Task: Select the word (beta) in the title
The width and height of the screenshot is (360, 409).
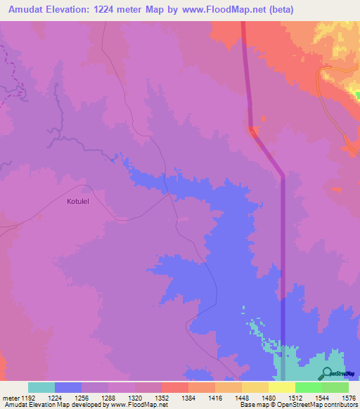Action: [x=280, y=9]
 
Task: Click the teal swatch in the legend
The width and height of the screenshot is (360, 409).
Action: [x=41, y=387]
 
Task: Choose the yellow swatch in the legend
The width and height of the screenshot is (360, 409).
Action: [x=282, y=387]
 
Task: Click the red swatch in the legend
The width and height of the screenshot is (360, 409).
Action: [x=175, y=387]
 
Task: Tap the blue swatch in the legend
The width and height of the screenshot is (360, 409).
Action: [x=67, y=387]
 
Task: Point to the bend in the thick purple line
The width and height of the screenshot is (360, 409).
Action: [x=282, y=174]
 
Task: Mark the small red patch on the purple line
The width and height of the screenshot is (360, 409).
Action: [x=253, y=131]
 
